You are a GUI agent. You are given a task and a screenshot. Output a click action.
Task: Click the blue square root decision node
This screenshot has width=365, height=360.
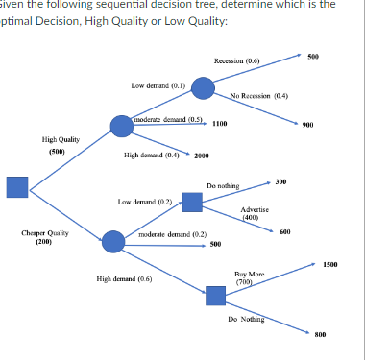(x=17, y=188)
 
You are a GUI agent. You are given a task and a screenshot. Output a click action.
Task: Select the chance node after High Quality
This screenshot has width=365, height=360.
(x=121, y=126)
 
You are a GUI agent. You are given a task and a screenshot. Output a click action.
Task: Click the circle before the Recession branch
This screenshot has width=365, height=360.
(x=203, y=87)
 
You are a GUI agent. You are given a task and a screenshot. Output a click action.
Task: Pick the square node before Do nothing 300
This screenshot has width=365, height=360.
(x=192, y=202)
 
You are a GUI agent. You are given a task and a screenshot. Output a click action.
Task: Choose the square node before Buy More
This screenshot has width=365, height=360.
(x=216, y=295)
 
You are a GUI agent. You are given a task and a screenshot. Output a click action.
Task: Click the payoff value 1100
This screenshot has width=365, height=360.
(x=219, y=124)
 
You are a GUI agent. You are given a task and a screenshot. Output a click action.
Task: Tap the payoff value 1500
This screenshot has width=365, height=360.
(x=330, y=263)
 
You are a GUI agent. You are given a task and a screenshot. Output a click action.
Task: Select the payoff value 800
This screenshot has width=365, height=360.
(x=320, y=336)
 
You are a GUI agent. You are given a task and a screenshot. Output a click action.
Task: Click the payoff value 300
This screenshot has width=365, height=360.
(x=280, y=181)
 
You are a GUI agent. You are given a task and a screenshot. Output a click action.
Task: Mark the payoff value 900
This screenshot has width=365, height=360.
(x=307, y=125)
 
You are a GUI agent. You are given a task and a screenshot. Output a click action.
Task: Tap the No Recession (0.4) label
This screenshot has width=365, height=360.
(x=259, y=96)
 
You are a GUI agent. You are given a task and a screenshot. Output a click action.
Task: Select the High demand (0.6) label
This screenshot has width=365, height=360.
(x=124, y=278)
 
